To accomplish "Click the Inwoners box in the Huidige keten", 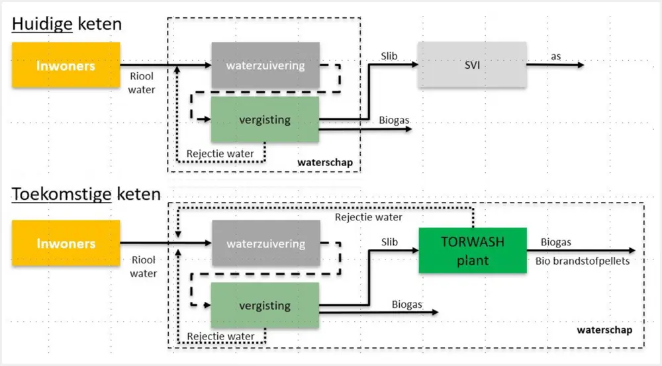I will click(66, 66).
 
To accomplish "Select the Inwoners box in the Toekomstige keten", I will click(66, 243).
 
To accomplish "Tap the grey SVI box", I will click(472, 65).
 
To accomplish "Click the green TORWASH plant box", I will click(472, 250).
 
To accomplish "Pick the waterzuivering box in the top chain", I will click(265, 66).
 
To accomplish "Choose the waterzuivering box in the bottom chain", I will click(265, 244).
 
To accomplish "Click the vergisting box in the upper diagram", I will click(265, 120).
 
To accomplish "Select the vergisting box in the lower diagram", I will click(265, 305).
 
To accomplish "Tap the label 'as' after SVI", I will click(556, 56).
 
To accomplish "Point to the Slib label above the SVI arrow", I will click(389, 56).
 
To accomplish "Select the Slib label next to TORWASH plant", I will click(389, 242).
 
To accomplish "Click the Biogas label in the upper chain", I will click(394, 120).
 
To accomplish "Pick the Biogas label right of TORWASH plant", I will click(557, 242).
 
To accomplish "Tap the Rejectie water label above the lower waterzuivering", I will click(368, 216).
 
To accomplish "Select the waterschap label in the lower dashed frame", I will click(604, 330).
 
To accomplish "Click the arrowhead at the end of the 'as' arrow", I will click(581, 65).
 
